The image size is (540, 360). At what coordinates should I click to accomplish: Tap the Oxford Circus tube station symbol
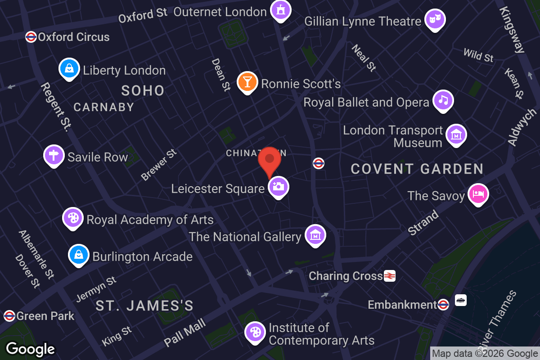[x=31, y=37]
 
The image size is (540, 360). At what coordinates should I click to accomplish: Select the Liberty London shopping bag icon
[x=69, y=69]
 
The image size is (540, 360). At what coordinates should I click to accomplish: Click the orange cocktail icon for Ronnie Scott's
[x=247, y=82]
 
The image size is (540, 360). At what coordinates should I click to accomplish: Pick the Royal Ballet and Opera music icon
[x=443, y=100]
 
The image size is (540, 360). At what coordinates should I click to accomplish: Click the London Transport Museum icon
[x=456, y=135]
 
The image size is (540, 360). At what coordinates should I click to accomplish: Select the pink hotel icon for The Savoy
[x=478, y=194]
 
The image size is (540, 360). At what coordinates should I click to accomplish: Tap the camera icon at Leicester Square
[x=279, y=186]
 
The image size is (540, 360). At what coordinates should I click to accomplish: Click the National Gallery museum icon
[x=315, y=235]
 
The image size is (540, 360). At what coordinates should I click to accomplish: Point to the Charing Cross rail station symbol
[x=390, y=276]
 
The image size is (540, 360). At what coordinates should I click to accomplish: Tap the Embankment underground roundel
[x=443, y=305]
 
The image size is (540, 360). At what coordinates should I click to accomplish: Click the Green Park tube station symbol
[x=9, y=316]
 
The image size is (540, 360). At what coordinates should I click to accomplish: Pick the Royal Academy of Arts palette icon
[x=72, y=218]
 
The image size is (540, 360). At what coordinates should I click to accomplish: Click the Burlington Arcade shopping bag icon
[x=79, y=255]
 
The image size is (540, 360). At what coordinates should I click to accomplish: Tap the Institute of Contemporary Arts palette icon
[x=255, y=333]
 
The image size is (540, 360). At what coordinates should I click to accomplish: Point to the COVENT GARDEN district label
[x=417, y=169]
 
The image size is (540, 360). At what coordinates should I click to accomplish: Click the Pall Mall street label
[x=185, y=333]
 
